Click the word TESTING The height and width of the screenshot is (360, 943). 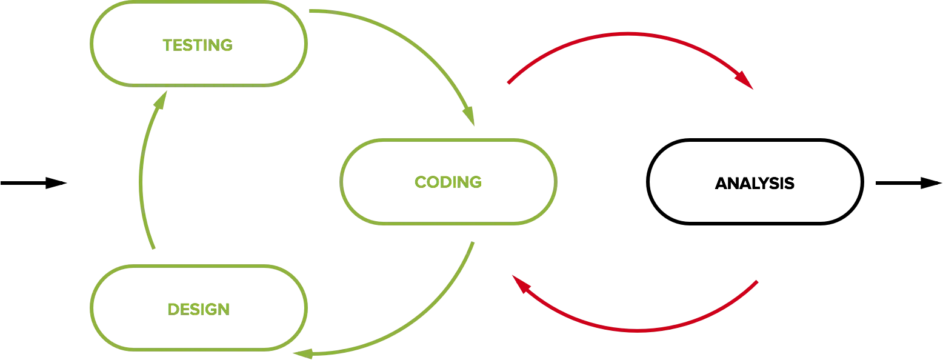pos(198,45)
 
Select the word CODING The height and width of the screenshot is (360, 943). pos(448,182)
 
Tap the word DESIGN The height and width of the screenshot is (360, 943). pos(198,310)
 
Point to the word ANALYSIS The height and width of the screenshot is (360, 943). pos(755,183)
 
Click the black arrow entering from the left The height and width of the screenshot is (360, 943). pos(34,183)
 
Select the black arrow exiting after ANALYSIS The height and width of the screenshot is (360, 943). pos(908,183)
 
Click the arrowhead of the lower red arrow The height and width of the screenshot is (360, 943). pos(521,284)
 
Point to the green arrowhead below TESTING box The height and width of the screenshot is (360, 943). pos(161,100)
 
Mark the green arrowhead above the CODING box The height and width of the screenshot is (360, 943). pos(469,116)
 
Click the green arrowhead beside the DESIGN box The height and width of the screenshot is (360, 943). pos(303,354)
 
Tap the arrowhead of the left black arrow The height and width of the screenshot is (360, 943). pos(56,183)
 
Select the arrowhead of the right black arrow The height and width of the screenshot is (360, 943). pos(931,183)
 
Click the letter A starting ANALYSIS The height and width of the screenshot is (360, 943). pos(722,183)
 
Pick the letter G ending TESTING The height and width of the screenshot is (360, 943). pos(225,45)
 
